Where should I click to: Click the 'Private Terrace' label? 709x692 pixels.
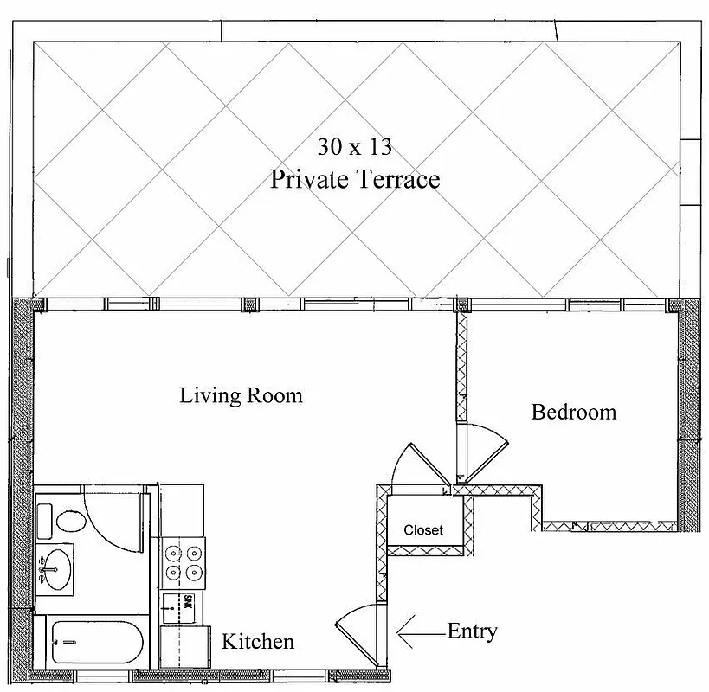tap(355, 179)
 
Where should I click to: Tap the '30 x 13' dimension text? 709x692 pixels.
tap(354, 146)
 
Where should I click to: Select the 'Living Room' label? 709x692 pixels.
tap(241, 395)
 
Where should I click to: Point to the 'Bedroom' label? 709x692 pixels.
tap(573, 412)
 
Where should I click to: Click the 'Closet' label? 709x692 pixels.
tap(423, 530)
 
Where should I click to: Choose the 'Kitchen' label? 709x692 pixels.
tap(258, 642)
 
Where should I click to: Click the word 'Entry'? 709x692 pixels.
tap(472, 631)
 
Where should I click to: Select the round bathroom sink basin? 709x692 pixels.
tap(58, 570)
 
